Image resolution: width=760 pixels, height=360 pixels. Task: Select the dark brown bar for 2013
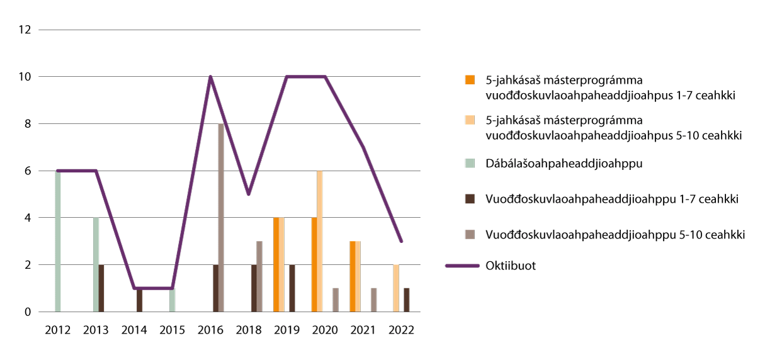[102, 288]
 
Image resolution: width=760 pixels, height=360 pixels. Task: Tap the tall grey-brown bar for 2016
[221, 218]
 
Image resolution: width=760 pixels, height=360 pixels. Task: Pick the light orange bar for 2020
[320, 241]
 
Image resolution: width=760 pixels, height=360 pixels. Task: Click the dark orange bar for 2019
[276, 265]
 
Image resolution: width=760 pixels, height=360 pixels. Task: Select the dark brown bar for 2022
[407, 300]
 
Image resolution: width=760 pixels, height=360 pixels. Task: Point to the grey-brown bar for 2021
[374, 300]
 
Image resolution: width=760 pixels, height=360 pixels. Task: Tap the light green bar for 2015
[172, 300]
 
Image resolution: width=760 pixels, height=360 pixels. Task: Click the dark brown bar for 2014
[140, 300]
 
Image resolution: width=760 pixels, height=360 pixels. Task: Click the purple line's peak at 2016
[210, 77]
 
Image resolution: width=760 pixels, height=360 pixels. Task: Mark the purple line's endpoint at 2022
[401, 241]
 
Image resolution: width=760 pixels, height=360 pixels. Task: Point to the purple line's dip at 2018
[249, 194]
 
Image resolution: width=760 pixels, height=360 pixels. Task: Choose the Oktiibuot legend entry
[510, 266]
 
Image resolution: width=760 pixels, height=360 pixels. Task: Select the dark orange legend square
[470, 80]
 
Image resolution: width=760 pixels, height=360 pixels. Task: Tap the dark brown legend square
[470, 198]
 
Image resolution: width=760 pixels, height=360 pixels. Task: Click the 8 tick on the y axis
[25, 124]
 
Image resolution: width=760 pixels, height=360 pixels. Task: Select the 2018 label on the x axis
[249, 330]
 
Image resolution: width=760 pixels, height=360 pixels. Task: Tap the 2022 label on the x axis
[401, 330]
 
